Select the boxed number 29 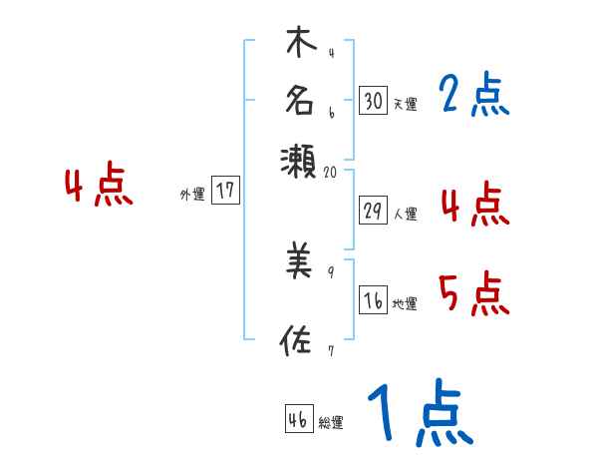click(x=374, y=212)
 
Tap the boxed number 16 click(x=374, y=302)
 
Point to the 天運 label click(x=405, y=104)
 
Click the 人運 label click(x=405, y=214)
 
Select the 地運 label click(x=405, y=304)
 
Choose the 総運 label click(x=331, y=423)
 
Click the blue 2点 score click(x=473, y=96)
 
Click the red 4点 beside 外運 click(x=98, y=187)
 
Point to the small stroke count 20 click(x=332, y=172)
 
